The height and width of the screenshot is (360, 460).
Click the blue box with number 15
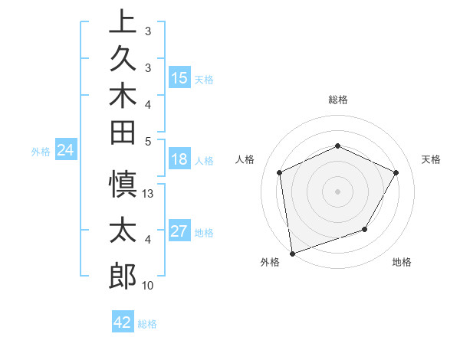pyautogui.click(x=179, y=77)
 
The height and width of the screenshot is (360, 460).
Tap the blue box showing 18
pyautogui.click(x=179, y=160)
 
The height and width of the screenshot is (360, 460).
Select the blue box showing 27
pyautogui.click(x=179, y=232)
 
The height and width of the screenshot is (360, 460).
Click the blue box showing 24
pyautogui.click(x=66, y=151)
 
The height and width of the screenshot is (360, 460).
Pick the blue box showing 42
pyautogui.click(x=123, y=322)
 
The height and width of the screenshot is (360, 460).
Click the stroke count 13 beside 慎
pyautogui.click(x=149, y=194)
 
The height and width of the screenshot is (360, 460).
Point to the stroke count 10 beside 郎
pyautogui.click(x=148, y=286)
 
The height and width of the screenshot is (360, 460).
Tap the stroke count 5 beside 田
pyautogui.click(x=148, y=141)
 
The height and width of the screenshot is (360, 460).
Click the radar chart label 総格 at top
pyautogui.click(x=337, y=100)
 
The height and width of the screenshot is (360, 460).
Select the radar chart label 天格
pyautogui.click(x=431, y=159)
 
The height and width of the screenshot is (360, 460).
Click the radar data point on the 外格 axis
pyautogui.click(x=292, y=253)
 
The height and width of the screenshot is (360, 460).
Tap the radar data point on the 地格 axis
pyautogui.click(x=365, y=229)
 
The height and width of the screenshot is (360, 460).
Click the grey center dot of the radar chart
pyautogui.click(x=337, y=191)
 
